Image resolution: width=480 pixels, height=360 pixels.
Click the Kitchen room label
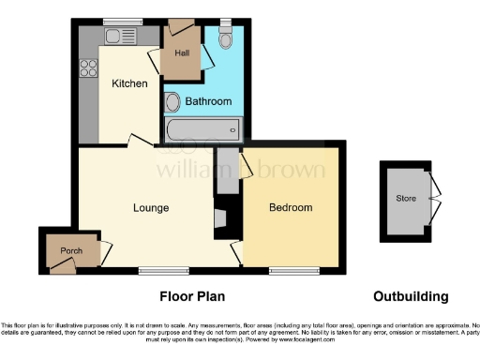pyautogui.click(x=129, y=84)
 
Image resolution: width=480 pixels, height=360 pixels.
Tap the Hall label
pyautogui.click(x=182, y=53)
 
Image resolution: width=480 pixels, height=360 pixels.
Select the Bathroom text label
pyautogui.click(x=207, y=100)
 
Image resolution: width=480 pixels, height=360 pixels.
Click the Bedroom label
pyautogui.click(x=291, y=207)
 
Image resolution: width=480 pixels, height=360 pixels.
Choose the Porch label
pyautogui.click(x=71, y=250)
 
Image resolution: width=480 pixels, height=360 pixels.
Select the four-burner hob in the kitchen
pyautogui.click(x=90, y=67)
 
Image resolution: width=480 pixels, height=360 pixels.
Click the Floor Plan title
pyautogui.click(x=192, y=297)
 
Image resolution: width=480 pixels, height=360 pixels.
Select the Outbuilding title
pyautogui.click(x=410, y=297)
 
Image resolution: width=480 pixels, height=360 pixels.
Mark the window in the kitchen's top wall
pyautogui.click(x=117, y=22)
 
